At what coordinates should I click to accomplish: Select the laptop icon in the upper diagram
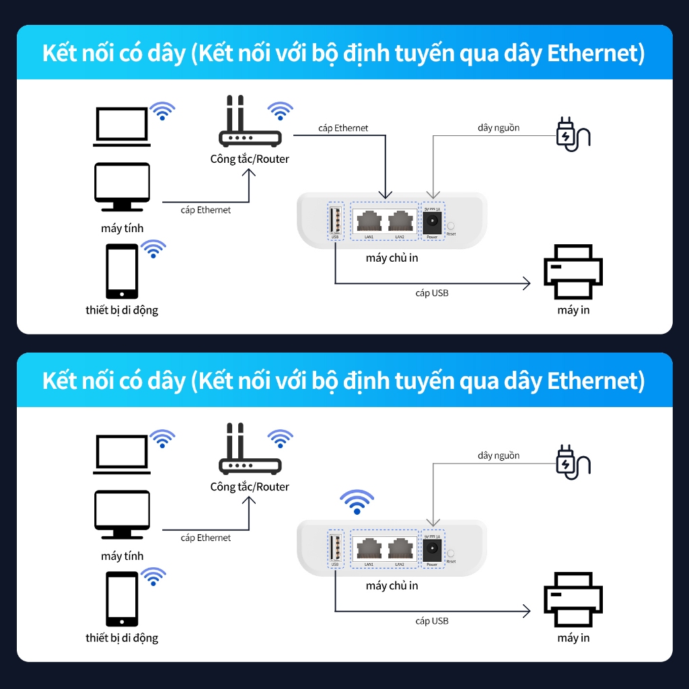click(x=121, y=126)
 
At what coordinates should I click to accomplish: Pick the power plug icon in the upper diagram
click(x=572, y=133)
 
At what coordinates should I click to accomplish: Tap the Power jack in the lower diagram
click(x=432, y=548)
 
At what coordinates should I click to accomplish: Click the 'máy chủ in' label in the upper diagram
click(x=392, y=258)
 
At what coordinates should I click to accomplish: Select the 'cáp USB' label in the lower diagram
click(x=431, y=621)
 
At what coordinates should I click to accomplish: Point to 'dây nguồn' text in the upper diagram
click(x=499, y=128)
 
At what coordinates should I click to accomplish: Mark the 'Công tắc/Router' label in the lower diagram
click(x=250, y=486)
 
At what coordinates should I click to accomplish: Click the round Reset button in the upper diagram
click(x=451, y=227)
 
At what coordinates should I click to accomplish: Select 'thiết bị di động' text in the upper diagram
click(x=122, y=310)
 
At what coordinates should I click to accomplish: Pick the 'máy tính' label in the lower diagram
click(x=122, y=556)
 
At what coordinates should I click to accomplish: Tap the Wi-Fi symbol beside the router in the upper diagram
click(x=280, y=110)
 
